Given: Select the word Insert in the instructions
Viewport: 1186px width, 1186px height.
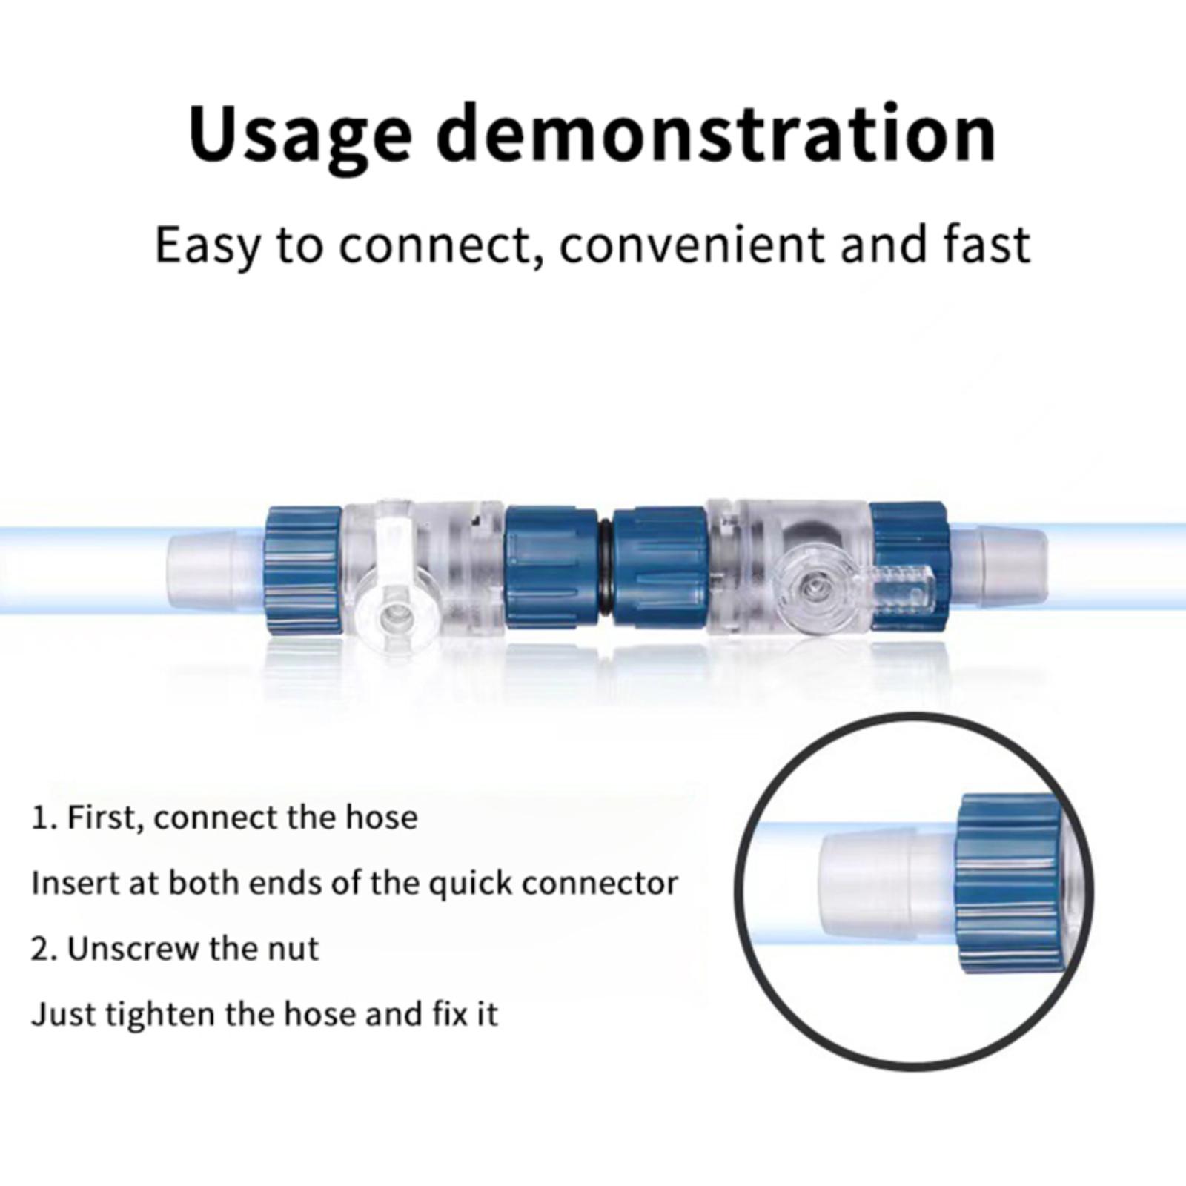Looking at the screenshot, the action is tap(74, 883).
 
